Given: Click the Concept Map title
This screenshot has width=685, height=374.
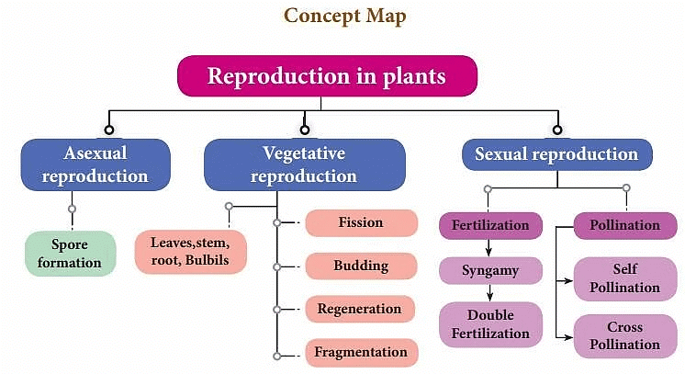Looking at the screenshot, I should coord(344,16).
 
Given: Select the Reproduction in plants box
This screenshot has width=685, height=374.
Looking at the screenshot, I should coord(328,75).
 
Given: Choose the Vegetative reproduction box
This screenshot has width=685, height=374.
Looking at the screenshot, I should coord(304,164).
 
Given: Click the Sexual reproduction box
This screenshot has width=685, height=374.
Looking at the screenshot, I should coord(556,154).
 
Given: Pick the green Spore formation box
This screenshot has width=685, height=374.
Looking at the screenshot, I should coord(70,253).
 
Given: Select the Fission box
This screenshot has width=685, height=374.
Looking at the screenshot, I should coord(360,223).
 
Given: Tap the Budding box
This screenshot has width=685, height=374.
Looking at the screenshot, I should coord(360,266).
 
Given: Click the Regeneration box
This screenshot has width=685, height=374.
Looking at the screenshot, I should coord(360,310).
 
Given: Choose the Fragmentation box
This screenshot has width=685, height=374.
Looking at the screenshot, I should coord(360,352).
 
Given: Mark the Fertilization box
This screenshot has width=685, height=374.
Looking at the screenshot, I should coord(490,225).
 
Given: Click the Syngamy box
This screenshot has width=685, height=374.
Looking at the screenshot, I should coord(490,271).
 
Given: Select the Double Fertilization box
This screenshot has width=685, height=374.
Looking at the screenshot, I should coord(490,323).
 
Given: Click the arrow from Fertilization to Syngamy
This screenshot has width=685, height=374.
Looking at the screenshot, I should coord(489,247).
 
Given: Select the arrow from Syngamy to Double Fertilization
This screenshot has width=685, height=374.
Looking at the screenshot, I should coord(489,293).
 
